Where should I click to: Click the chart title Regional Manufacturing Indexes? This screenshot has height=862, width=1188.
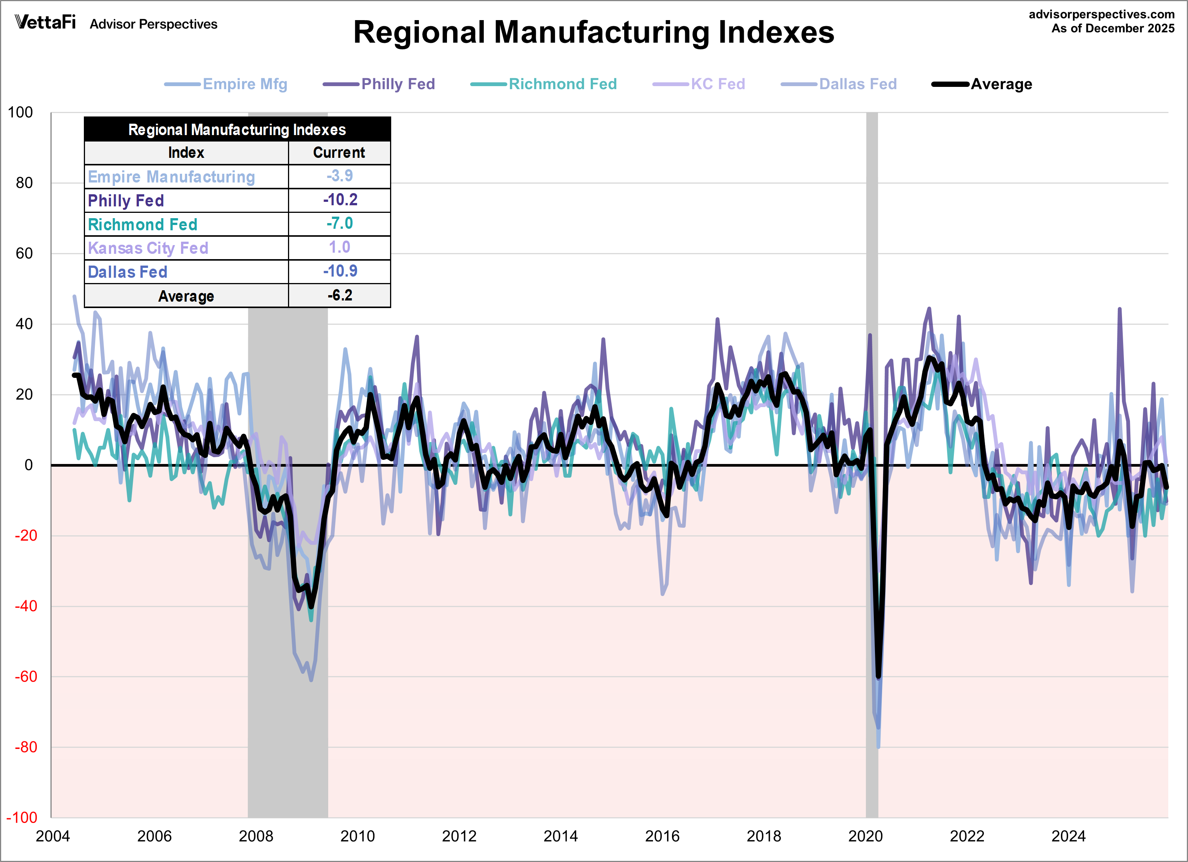click(x=593, y=33)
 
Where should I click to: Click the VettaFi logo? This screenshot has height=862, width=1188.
click(x=46, y=22)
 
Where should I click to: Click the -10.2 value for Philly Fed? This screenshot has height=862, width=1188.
click(x=340, y=200)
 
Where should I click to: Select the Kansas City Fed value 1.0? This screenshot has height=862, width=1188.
click(x=340, y=247)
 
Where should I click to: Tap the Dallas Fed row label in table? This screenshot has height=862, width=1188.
click(x=127, y=272)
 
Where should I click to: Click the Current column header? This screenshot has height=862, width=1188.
click(x=339, y=153)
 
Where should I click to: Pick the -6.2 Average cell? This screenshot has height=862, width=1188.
click(x=340, y=295)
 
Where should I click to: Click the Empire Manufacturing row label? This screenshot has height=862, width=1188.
click(x=171, y=176)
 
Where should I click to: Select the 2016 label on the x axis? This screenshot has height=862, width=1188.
click(x=662, y=836)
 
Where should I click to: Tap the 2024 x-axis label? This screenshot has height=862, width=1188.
click(x=1068, y=836)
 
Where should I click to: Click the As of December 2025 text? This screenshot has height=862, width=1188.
click(x=1112, y=28)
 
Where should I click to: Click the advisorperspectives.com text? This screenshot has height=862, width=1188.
click(x=1101, y=14)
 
